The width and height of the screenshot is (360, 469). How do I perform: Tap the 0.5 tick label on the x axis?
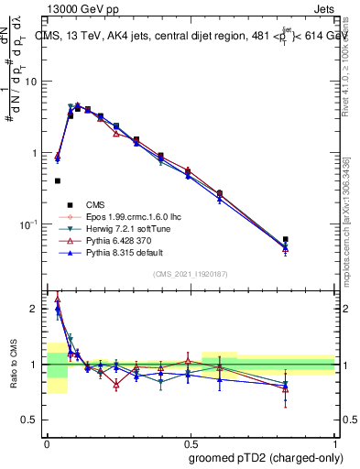[x=191, y=443]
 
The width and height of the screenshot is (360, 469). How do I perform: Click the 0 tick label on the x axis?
[x=47, y=443]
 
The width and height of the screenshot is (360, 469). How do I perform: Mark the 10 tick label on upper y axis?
[x=32, y=82]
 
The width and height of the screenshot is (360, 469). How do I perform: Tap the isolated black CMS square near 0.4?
[x=58, y=181]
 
